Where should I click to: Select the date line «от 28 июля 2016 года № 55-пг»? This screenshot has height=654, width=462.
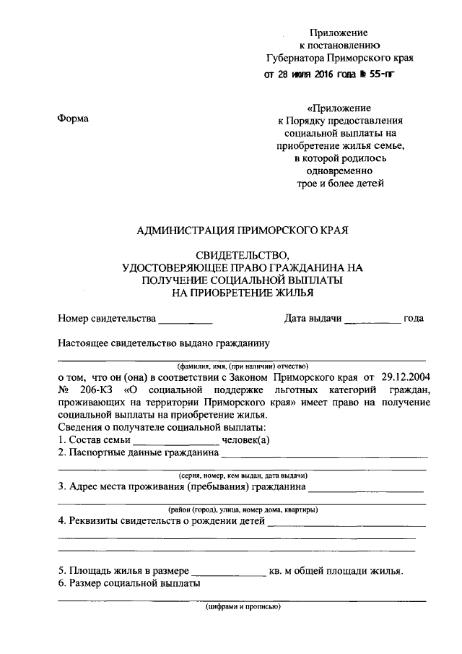(329, 74)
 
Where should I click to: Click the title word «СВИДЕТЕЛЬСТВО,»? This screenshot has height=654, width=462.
(242, 256)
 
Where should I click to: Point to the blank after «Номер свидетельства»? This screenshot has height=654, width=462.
(186, 319)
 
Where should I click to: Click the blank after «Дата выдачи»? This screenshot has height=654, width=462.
(372, 319)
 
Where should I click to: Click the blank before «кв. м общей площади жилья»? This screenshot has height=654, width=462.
(230, 571)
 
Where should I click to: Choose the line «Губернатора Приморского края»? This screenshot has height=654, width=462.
(339, 58)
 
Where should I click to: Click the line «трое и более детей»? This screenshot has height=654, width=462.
(339, 184)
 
